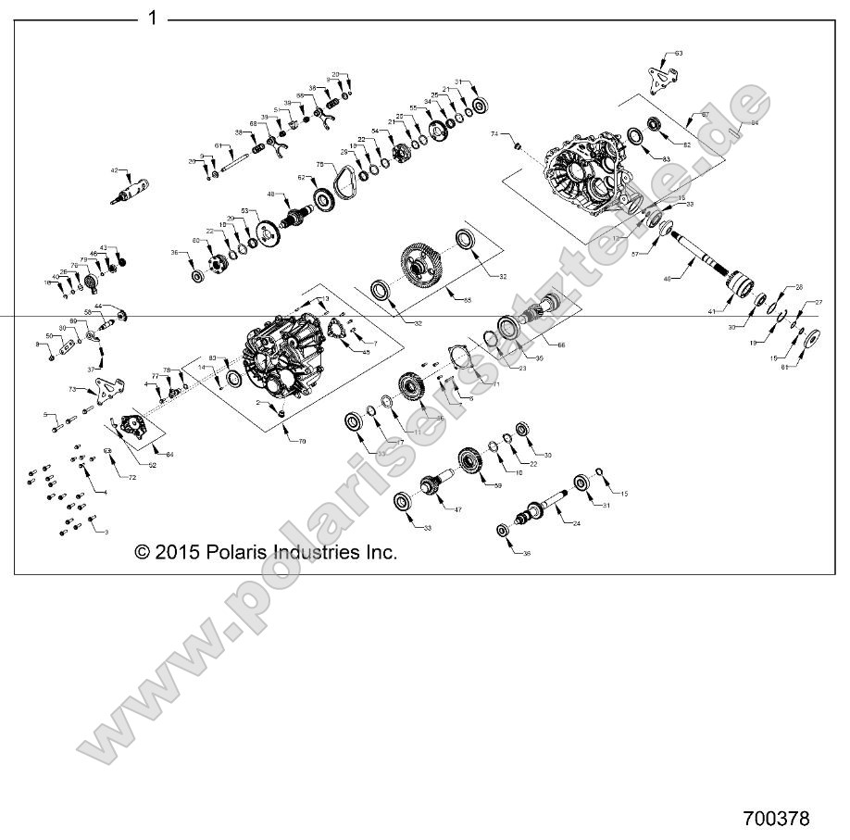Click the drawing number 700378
click(776, 819)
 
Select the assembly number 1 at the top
click(153, 18)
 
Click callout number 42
click(116, 170)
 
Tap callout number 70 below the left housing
click(301, 442)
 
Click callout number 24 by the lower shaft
click(577, 524)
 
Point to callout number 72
click(131, 477)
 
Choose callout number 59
click(497, 485)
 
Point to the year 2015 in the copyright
click(175, 552)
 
